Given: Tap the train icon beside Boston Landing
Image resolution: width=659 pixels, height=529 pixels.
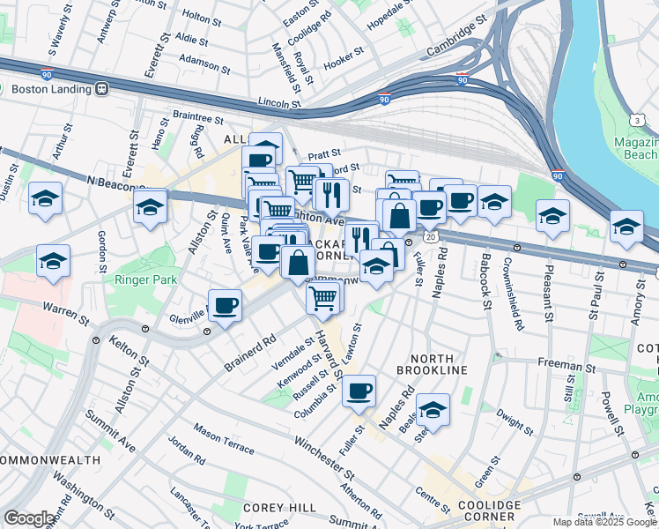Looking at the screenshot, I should pyautogui.click(x=102, y=89).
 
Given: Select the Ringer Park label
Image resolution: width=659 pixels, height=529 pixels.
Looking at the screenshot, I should pyautogui.click(x=145, y=279).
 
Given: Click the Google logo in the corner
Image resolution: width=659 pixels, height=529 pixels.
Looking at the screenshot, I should pyautogui.click(x=29, y=518).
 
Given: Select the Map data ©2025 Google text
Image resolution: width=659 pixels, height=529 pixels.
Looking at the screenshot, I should pyautogui.click(x=604, y=522).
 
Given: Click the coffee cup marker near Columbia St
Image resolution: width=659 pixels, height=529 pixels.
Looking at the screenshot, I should pyautogui.click(x=359, y=391).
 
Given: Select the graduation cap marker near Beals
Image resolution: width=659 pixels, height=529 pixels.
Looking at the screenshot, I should pyautogui.click(x=433, y=409).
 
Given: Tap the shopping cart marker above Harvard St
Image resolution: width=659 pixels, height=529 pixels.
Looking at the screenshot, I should pyautogui.click(x=323, y=298).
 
